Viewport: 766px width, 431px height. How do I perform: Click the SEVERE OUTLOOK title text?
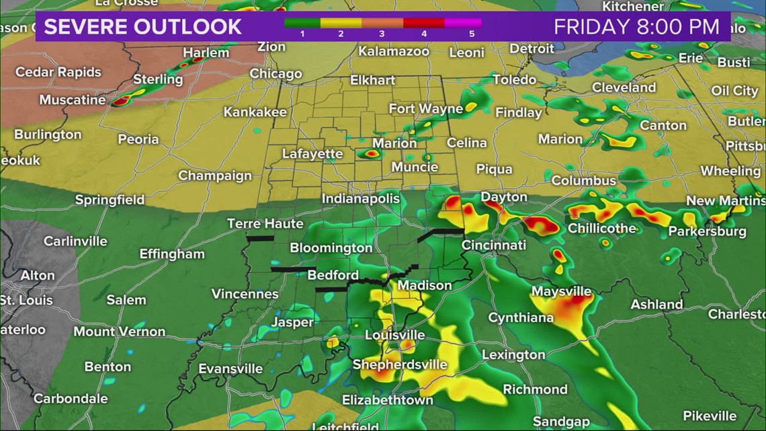pos(142,27)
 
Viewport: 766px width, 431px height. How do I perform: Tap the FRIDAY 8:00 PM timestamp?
pos(636,27)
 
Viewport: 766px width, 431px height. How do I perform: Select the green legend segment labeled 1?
pos(302,23)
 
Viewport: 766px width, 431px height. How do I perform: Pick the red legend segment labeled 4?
pos(424,23)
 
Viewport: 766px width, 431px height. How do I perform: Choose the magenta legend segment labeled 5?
pos(463,23)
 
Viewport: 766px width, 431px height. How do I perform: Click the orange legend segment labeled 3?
pos(383,23)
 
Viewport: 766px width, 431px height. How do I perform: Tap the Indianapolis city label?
pos(361,198)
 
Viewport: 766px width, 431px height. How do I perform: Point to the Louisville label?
pos(394,335)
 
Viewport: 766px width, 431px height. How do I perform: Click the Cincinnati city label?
pos(493,245)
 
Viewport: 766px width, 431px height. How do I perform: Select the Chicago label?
pos(275,73)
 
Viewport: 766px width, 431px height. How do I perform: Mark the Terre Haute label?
pos(265,223)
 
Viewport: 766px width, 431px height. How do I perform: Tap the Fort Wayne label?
pos(426,108)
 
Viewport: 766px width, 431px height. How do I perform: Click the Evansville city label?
pos(230,368)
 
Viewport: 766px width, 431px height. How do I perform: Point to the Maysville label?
pos(561,291)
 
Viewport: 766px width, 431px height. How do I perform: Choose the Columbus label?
pos(583,180)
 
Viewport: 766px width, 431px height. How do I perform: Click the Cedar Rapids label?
pos(58,72)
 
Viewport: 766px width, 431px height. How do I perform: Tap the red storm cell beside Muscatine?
pos(122,102)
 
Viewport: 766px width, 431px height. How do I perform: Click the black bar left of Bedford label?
pos(284,269)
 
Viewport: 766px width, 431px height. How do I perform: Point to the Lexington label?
pos(513,354)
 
